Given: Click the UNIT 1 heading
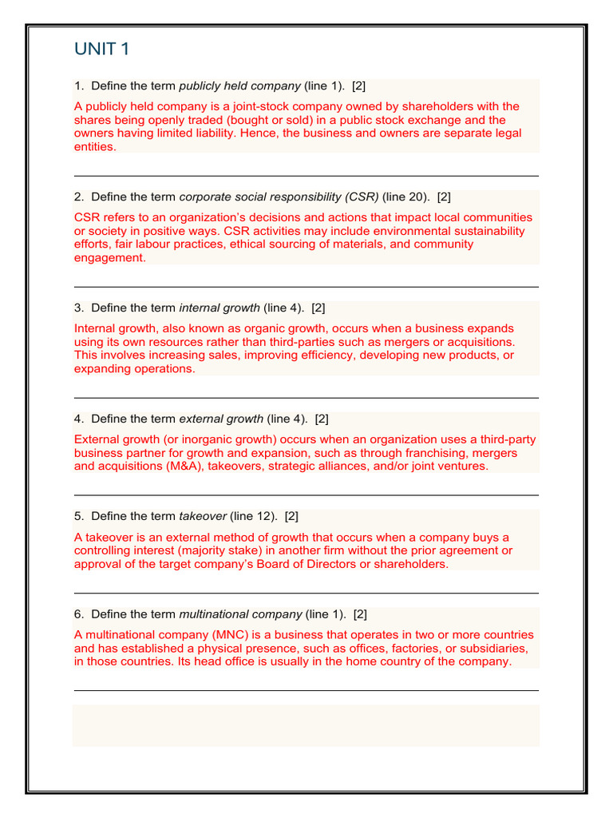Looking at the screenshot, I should [x=101, y=50].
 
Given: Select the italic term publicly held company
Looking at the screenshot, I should [x=240, y=85].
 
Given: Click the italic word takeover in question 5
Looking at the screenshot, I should [x=203, y=516].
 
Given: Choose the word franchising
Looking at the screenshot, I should [x=408, y=453].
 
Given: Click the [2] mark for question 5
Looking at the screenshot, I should [x=291, y=516].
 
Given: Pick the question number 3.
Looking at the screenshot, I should [x=78, y=308].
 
